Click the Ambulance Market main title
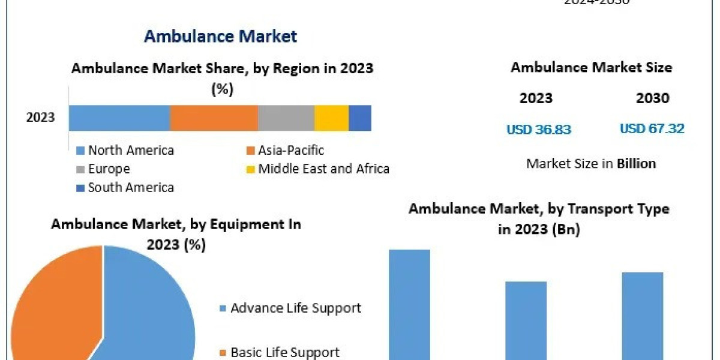[220, 36]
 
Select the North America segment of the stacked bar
[119, 118]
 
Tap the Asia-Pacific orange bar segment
[214, 118]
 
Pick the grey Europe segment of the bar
[286, 118]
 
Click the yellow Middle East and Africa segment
[331, 118]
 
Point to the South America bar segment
[360, 118]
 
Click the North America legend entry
[126, 150]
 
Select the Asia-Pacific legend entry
[286, 150]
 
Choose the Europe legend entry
[104, 169]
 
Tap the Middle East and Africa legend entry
[319, 169]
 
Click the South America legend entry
[126, 187]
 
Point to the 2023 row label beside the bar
[40, 118]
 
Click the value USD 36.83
[539, 129]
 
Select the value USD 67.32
[652, 128]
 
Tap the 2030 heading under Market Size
[652, 98]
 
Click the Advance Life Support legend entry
[290, 308]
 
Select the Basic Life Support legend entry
[280, 352]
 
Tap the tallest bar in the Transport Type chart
[410, 303]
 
